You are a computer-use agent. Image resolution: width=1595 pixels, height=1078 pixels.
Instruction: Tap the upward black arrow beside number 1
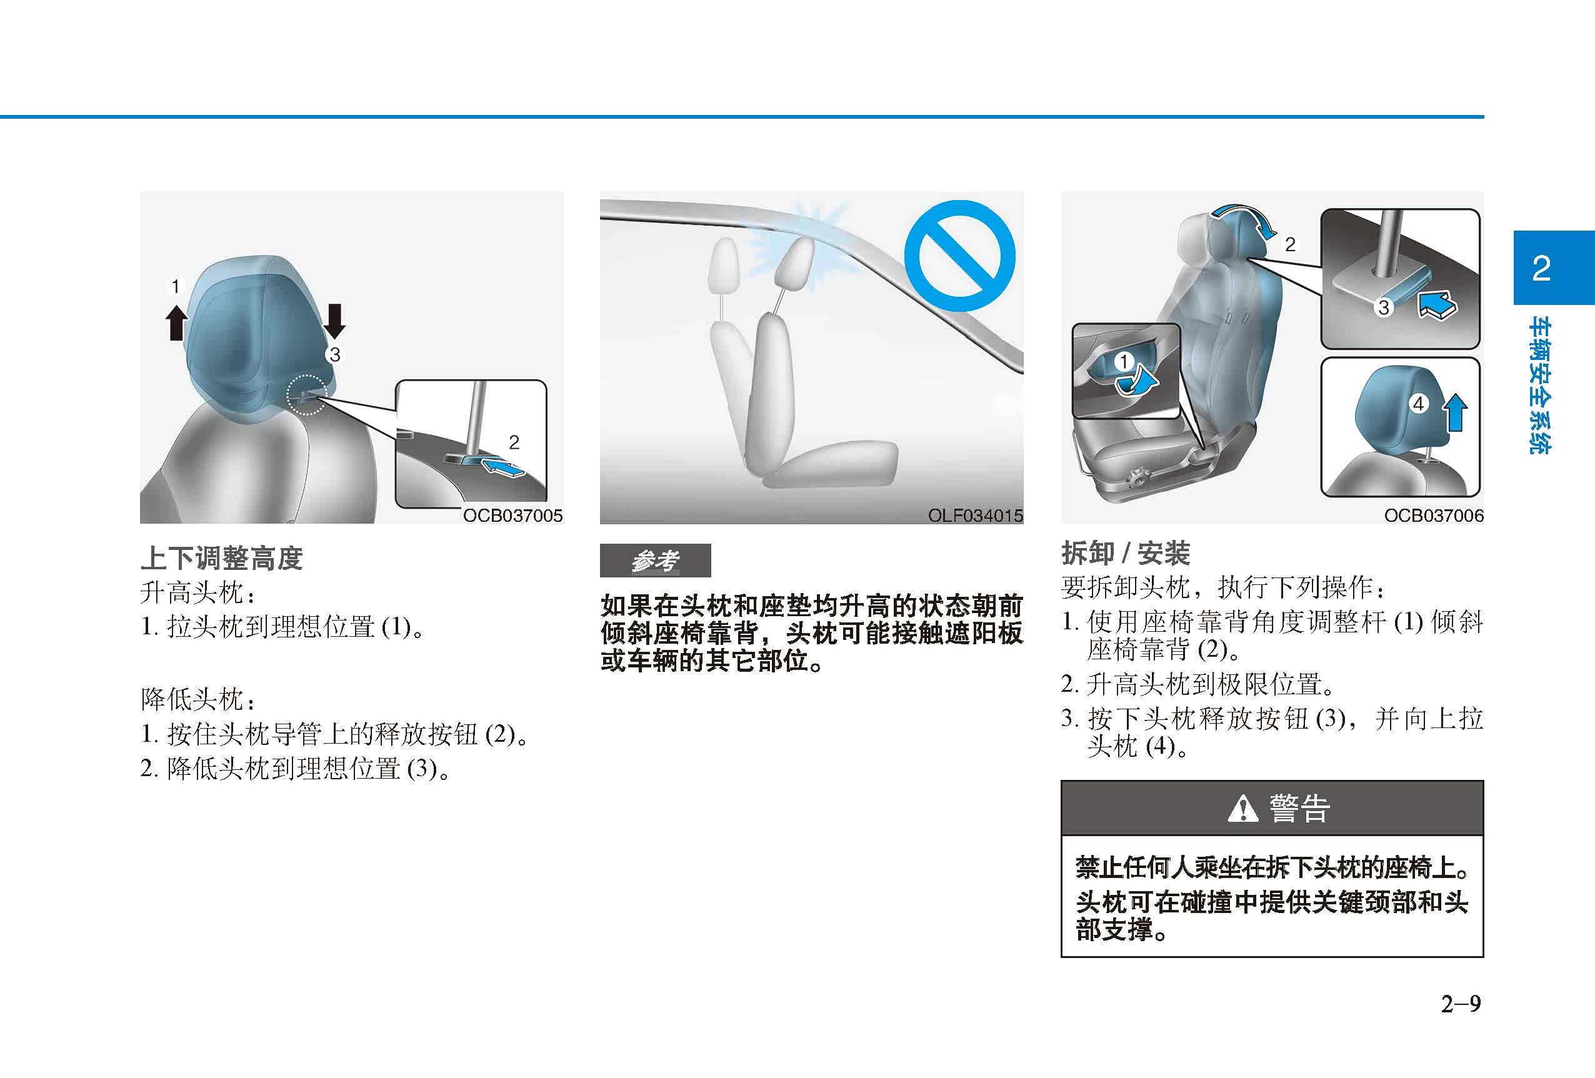coord(176,322)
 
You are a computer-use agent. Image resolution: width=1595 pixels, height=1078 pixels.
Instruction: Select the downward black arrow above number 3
coord(334,321)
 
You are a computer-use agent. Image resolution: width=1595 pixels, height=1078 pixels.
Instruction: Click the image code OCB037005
coord(512,516)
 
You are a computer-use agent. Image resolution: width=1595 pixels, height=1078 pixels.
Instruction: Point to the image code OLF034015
coord(974,516)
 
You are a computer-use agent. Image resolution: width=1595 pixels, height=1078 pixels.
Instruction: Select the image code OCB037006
coord(1434,516)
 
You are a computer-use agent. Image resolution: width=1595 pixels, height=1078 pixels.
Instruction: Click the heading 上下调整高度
coord(221,558)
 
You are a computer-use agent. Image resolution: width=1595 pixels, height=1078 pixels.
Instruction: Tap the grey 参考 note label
coord(655,561)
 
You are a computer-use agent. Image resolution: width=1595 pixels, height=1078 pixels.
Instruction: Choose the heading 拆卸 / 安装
coord(1125,552)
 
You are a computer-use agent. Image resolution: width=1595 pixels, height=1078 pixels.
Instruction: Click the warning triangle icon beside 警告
coord(1242,809)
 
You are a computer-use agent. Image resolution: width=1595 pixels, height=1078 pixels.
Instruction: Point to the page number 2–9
coord(1460,1004)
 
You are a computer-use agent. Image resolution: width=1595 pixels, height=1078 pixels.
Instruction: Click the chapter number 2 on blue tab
coord(1541,268)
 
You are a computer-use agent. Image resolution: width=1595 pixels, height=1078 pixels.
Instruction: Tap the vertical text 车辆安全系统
coord(1541,386)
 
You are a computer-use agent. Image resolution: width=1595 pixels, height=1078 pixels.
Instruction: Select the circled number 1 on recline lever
coord(1124,362)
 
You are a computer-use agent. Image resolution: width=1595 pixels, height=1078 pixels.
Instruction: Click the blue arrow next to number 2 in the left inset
coord(503,469)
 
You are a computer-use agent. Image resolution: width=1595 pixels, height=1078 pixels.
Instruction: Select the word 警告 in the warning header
coord(1299,809)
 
